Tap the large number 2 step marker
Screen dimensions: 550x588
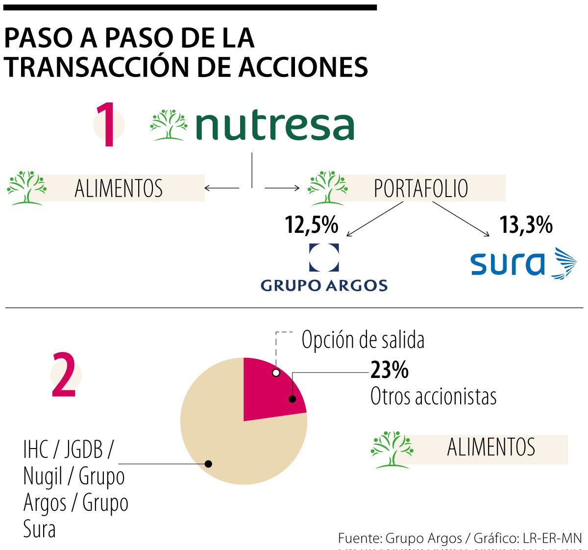[64, 375]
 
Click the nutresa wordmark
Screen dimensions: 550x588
[274, 126]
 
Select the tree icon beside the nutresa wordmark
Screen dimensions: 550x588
[169, 125]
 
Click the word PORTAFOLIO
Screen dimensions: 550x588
[420, 188]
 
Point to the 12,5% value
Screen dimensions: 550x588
[312, 225]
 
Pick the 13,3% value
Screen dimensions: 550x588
[526, 225]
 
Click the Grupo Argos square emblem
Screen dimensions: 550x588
[324, 257]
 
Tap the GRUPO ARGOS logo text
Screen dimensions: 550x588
[324, 285]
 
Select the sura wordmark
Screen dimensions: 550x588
[508, 265]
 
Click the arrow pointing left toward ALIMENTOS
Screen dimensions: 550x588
[221, 188]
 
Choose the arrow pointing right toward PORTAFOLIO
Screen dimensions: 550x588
[282, 188]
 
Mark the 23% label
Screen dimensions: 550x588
[390, 370]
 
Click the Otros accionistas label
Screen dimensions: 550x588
[433, 396]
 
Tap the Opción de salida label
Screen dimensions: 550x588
[363, 340]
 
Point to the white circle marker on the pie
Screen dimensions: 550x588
[276, 373]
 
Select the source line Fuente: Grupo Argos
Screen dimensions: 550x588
[399, 538]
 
